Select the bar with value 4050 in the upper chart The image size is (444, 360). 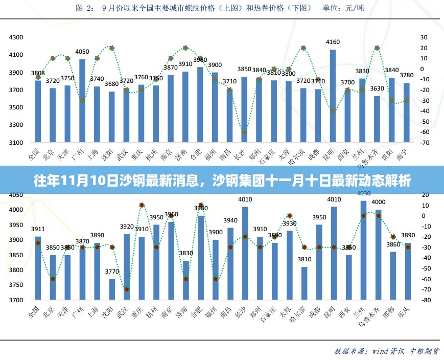point(82,100)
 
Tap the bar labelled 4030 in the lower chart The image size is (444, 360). point(363,251)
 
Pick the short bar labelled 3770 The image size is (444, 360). point(112,289)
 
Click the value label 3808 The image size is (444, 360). point(38,73)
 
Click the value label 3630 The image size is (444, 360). point(377,88)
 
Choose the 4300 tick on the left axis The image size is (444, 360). point(17,37)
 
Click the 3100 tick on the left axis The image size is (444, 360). point(17,142)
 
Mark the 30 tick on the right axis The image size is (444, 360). point(424,37)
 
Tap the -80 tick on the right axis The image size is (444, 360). point(424,300)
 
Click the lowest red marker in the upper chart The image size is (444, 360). point(244,132)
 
